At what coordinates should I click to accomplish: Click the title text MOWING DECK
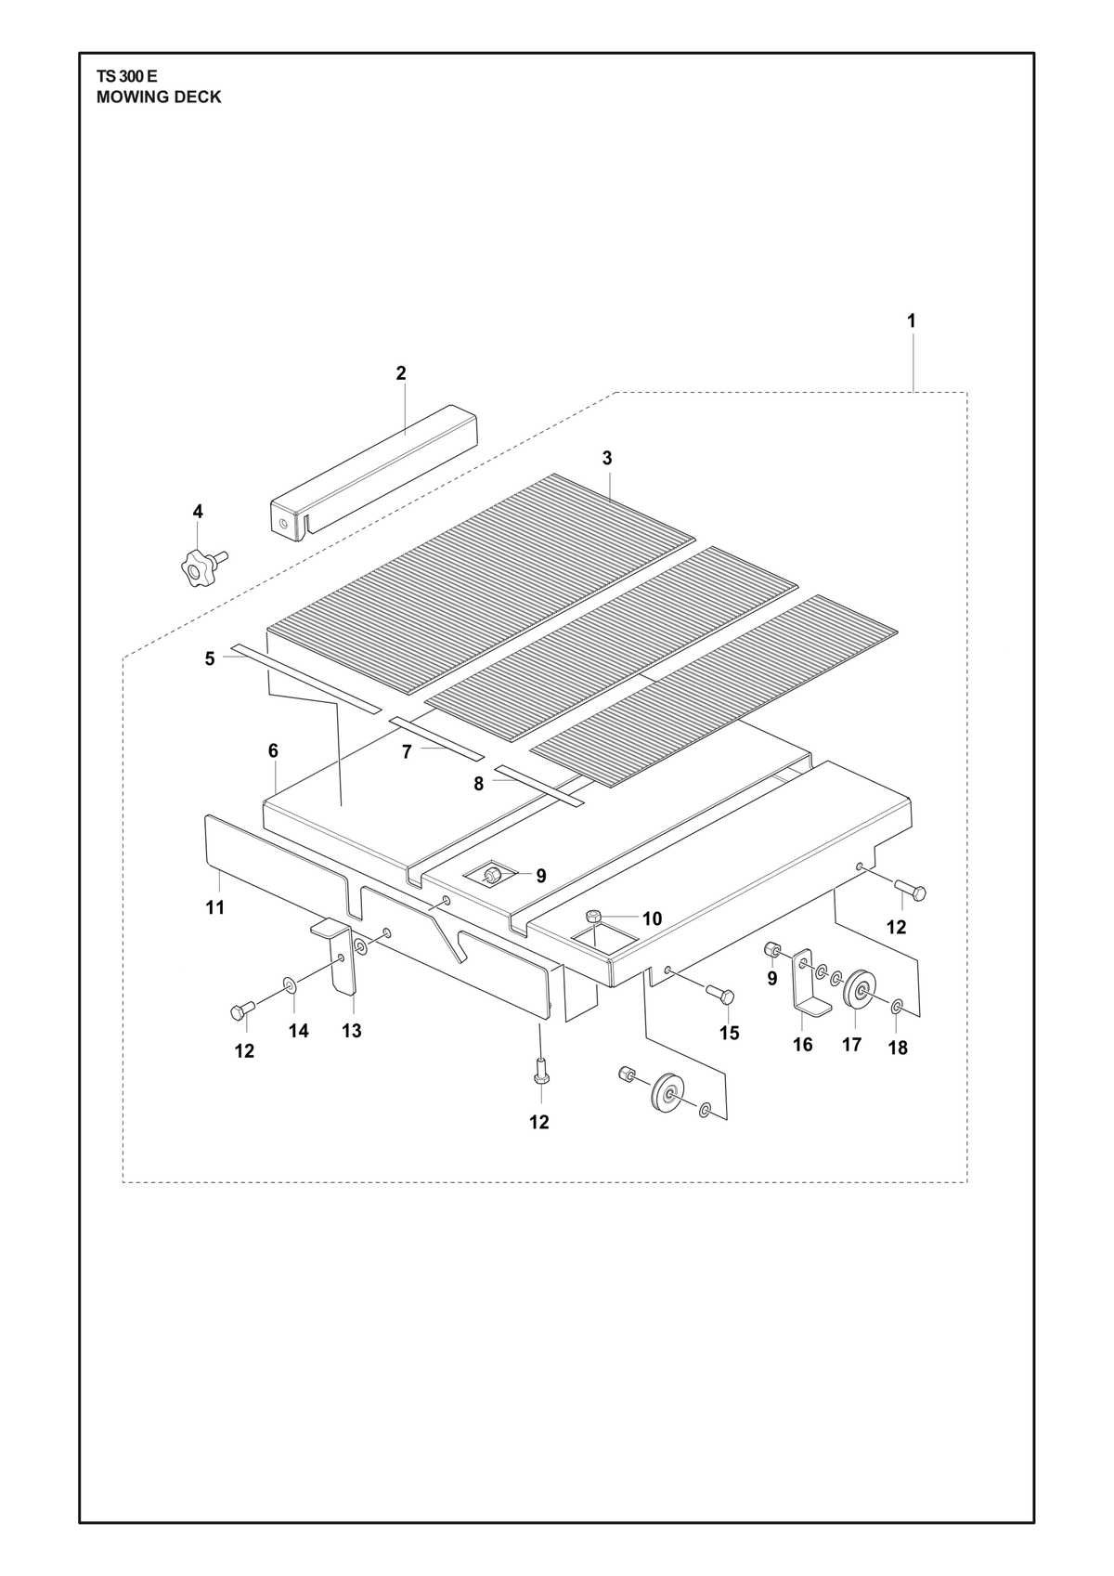click(x=159, y=98)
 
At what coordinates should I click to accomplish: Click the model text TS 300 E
click(x=127, y=77)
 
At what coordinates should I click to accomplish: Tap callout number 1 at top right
click(x=912, y=320)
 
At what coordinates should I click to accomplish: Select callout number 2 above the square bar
click(x=401, y=373)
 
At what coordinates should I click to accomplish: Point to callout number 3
click(x=607, y=458)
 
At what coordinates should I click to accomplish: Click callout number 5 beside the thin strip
click(x=210, y=659)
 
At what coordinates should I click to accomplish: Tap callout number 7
click(x=407, y=752)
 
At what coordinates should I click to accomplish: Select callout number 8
click(x=479, y=784)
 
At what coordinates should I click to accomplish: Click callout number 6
click(x=273, y=750)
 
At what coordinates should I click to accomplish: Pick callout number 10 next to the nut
click(x=652, y=918)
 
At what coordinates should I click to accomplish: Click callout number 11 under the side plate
click(x=215, y=907)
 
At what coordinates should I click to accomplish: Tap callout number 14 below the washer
click(x=299, y=1031)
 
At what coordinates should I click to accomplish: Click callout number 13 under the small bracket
click(x=352, y=1031)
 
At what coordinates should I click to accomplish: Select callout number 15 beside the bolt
click(x=730, y=1033)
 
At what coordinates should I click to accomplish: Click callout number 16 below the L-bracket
click(x=802, y=1045)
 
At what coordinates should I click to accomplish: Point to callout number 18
click(x=898, y=1048)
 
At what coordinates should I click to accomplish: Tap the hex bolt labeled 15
click(x=720, y=994)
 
